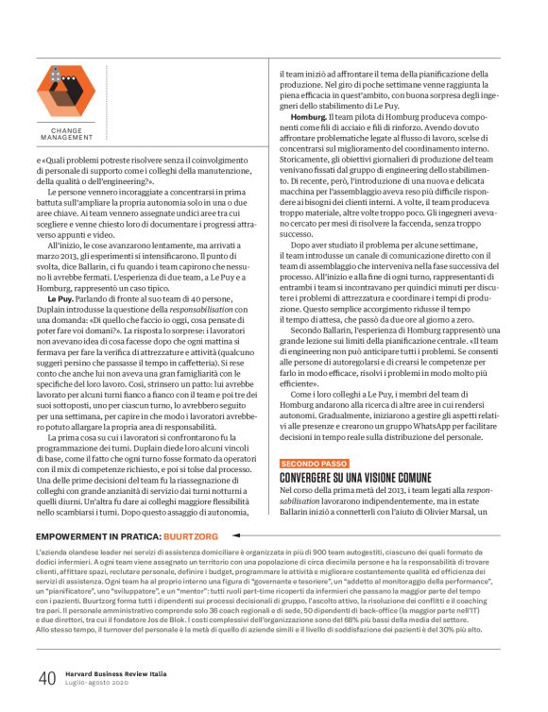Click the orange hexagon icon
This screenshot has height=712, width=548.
[66, 91]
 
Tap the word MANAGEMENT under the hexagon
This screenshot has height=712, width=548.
[67, 137]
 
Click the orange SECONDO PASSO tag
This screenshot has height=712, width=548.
[315, 463]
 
